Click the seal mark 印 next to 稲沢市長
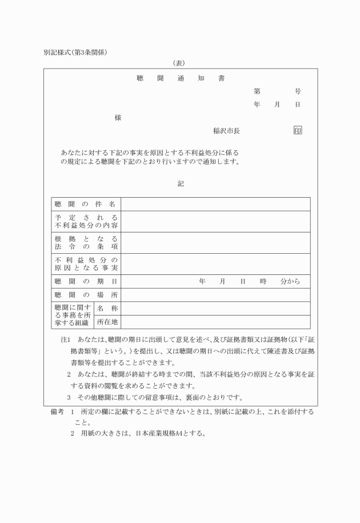298,131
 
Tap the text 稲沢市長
226,131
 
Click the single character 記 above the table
181,183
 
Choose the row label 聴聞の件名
86,204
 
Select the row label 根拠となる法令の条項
86,242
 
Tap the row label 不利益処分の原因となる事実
86,264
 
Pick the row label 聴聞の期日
86,282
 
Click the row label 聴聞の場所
86,296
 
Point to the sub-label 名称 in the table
107,309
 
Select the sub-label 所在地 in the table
107,322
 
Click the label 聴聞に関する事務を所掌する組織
73,316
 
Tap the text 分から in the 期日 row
290,282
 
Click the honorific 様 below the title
118,118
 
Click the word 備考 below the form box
59,412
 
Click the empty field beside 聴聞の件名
215,204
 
